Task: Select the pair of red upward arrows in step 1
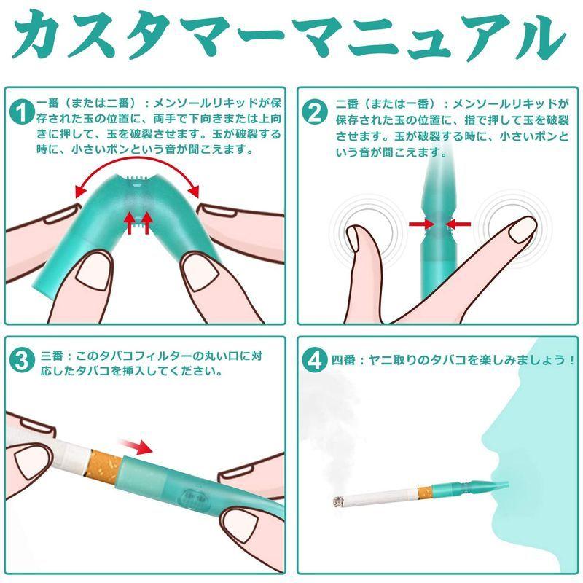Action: pos(138,222)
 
